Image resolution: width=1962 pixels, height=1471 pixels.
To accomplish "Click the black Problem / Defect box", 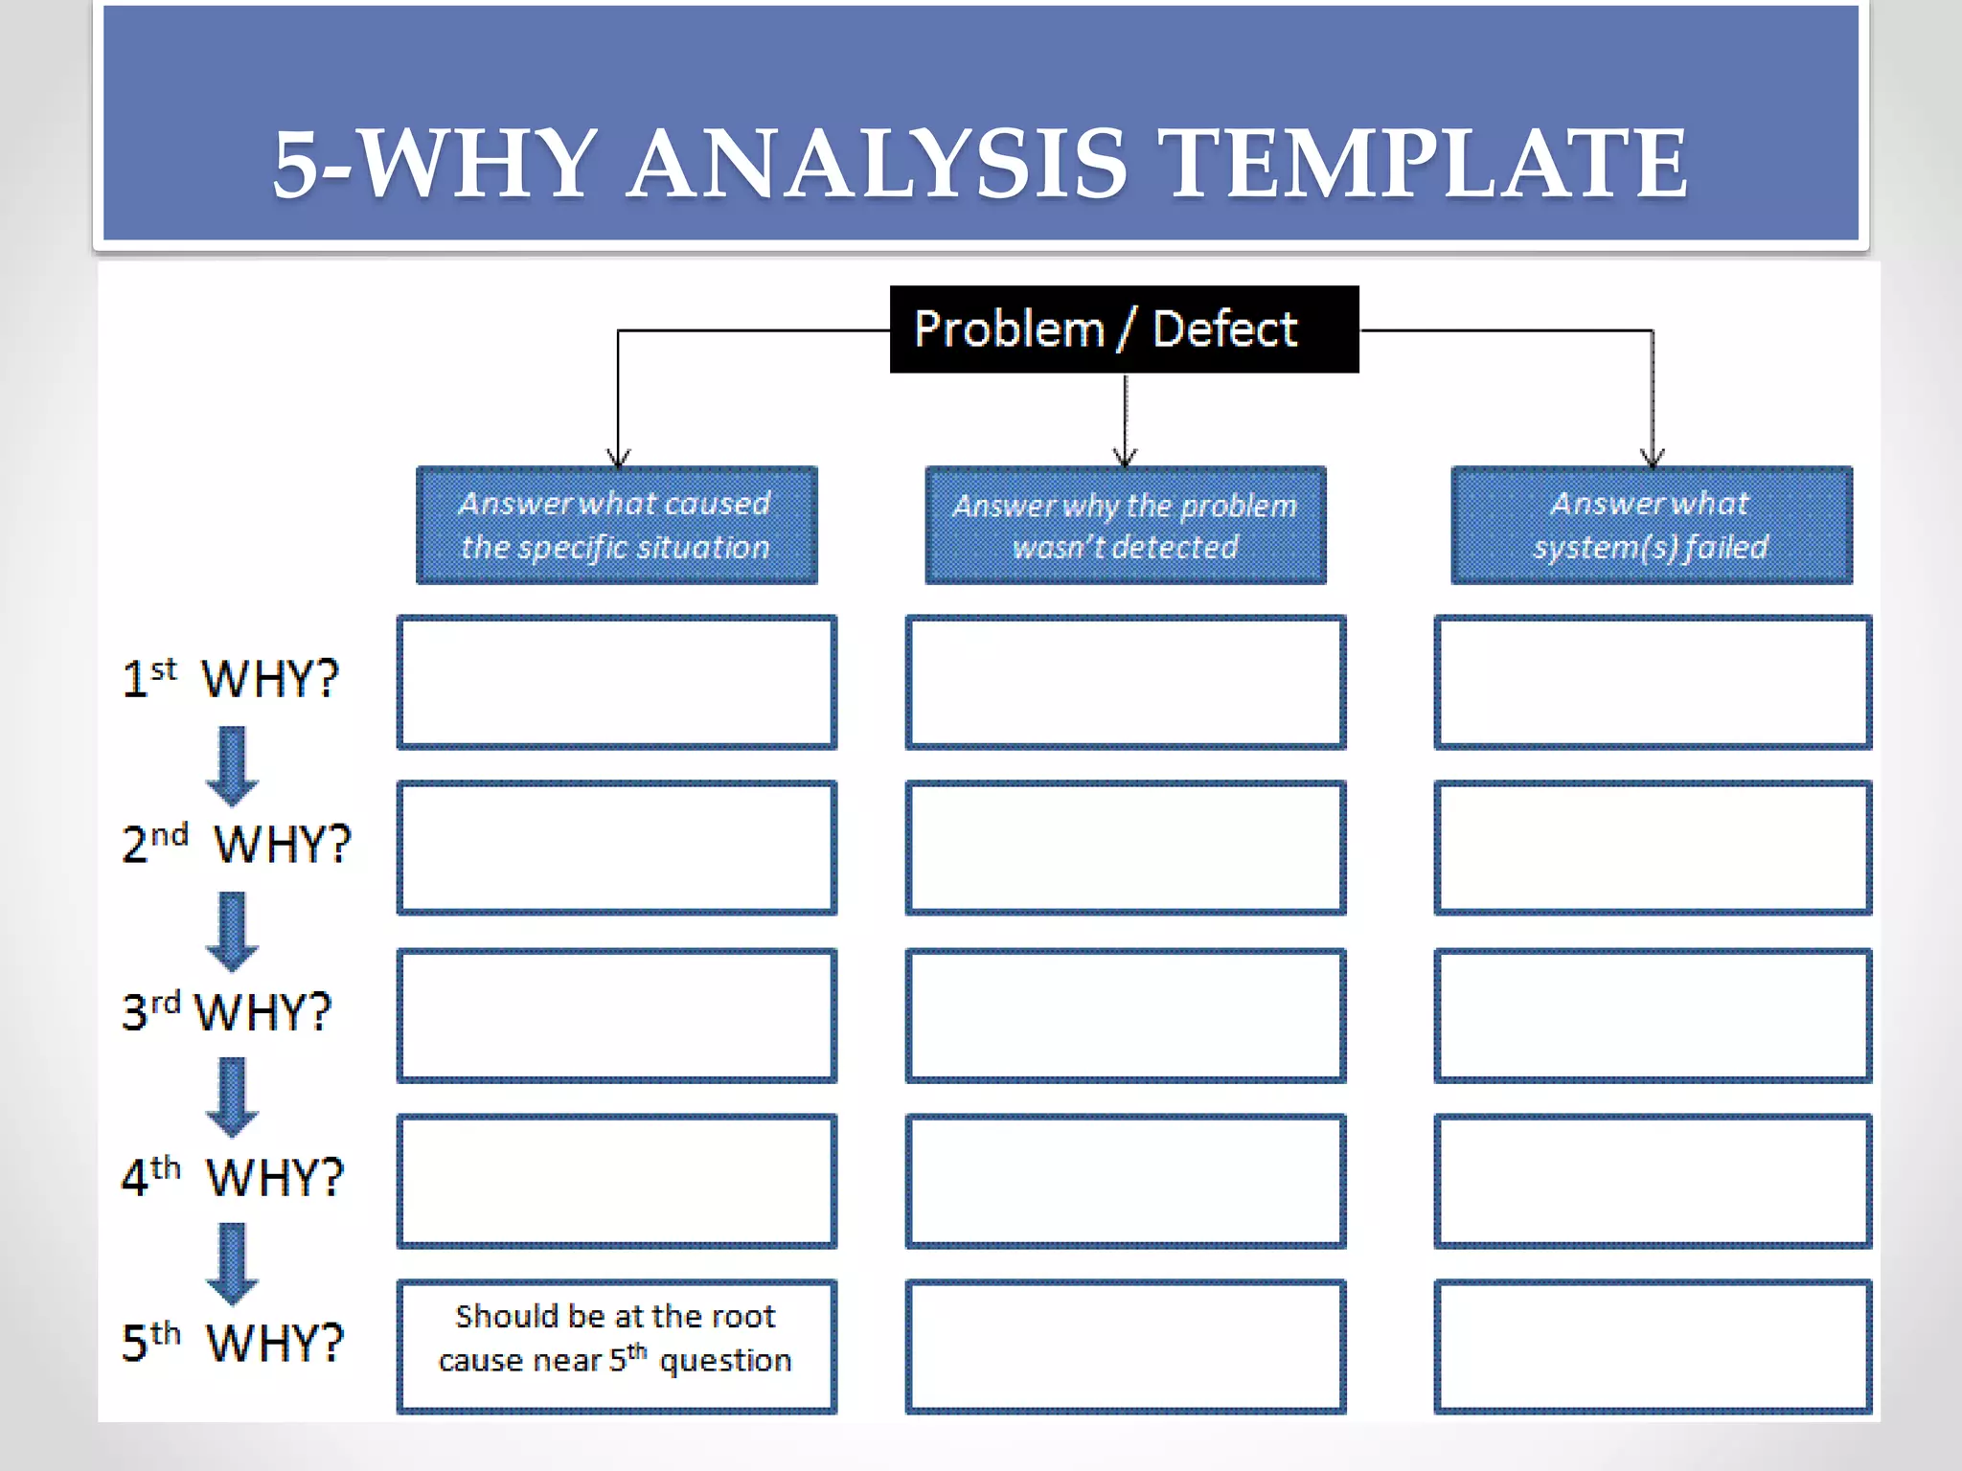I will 1124,328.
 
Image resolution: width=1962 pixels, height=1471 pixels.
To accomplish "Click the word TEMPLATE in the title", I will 1427,165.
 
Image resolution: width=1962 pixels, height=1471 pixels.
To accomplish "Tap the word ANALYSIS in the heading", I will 878,165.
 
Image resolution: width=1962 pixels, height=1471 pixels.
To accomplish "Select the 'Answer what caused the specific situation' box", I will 616,525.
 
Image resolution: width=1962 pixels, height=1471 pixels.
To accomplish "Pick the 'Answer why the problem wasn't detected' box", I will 1125,525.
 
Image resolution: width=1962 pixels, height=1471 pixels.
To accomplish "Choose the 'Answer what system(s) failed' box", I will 1651,525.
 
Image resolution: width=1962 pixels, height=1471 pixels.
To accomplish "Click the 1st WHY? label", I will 231,678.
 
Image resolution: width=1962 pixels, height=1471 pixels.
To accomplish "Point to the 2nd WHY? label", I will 237,844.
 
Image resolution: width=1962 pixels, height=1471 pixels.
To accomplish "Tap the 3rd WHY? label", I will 227,1011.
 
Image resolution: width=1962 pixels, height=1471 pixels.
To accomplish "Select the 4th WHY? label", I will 232,1176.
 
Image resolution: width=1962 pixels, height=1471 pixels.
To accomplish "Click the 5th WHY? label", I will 232,1342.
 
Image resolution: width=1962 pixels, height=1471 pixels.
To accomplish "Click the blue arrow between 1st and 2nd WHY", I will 232,765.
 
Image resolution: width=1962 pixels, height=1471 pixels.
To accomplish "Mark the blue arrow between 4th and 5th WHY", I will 232,1262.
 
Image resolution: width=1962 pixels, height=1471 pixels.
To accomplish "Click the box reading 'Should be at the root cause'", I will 616,1345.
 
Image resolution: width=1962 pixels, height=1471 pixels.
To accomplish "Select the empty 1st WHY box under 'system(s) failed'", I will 1652,682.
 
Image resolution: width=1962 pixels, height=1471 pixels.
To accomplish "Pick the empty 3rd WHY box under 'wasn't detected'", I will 1125,1015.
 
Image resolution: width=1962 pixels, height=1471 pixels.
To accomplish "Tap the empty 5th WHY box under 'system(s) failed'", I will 1652,1345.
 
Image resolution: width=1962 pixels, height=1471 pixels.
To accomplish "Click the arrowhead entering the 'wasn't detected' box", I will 1125,457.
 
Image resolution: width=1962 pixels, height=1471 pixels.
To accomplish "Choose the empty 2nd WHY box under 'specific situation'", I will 616,848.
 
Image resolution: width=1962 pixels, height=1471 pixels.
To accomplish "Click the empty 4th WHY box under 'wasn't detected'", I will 1125,1180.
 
